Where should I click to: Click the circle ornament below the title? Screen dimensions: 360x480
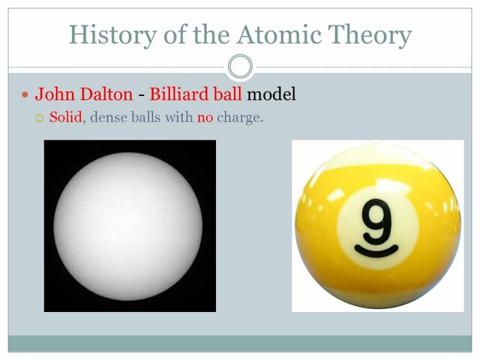click(x=239, y=67)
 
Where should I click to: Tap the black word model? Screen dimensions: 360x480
click(x=271, y=94)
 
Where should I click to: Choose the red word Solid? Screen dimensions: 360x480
click(x=65, y=117)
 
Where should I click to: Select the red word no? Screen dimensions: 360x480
click(x=205, y=117)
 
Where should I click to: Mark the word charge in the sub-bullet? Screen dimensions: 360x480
click(x=240, y=117)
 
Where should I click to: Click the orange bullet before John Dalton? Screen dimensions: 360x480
click(x=25, y=95)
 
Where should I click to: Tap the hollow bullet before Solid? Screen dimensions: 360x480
click(x=40, y=118)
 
